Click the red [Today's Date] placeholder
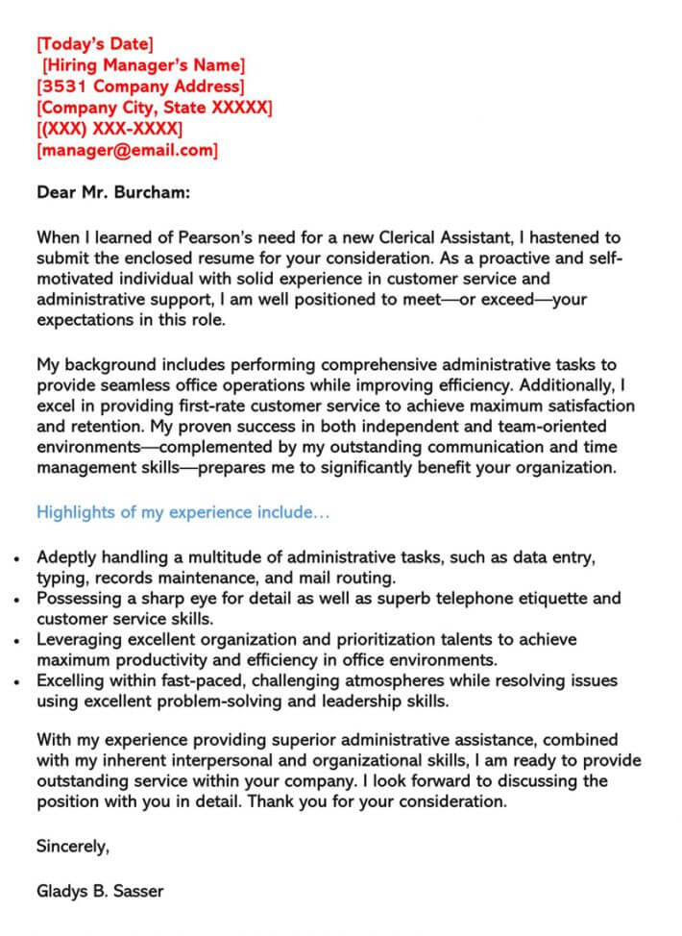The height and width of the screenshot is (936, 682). pos(94,43)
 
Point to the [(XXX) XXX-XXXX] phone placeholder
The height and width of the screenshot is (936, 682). pos(110,129)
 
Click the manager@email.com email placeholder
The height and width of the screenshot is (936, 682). pos(127,151)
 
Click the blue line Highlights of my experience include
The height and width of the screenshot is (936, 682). pos(183,512)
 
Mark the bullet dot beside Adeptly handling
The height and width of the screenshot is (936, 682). pos(17,557)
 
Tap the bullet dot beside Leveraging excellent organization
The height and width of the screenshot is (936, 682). pos(17,639)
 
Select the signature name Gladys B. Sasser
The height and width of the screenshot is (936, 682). pos(100,891)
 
